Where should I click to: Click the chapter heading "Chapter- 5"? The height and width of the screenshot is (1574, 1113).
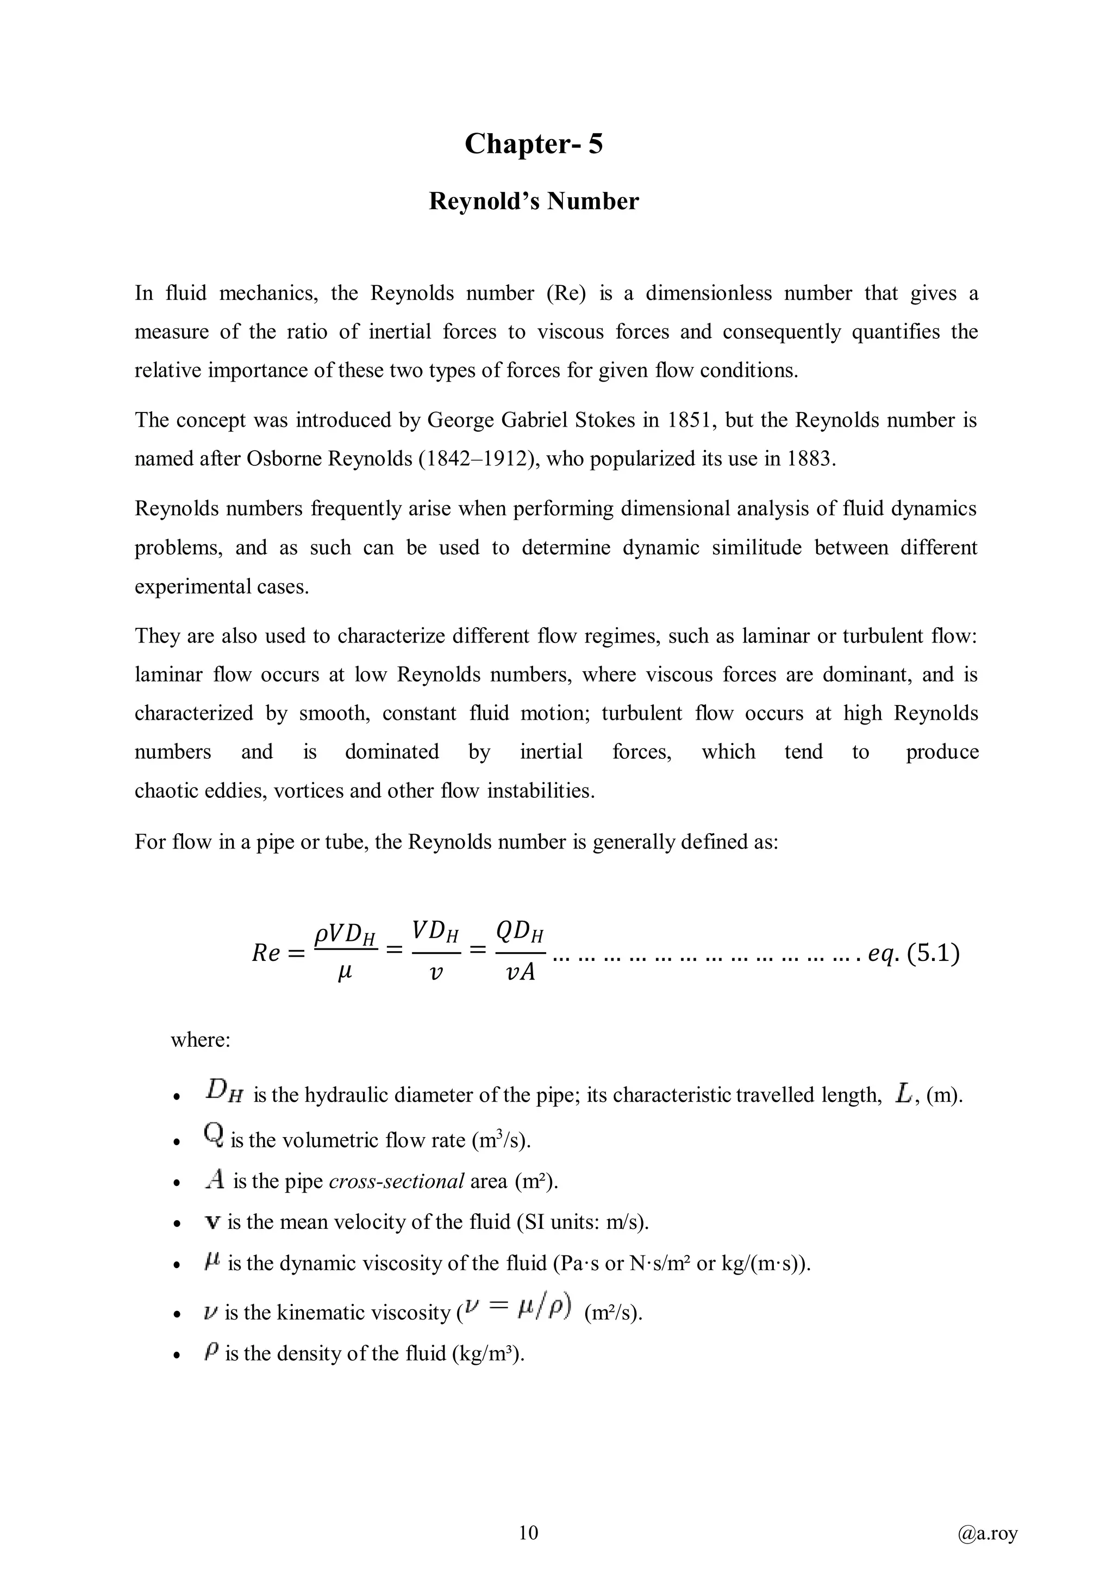click(533, 144)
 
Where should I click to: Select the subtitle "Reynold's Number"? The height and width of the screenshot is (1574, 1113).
click(533, 201)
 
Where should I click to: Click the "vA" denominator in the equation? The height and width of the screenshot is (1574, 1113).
click(520, 973)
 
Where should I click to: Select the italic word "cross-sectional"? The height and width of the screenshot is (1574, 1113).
click(397, 1180)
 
